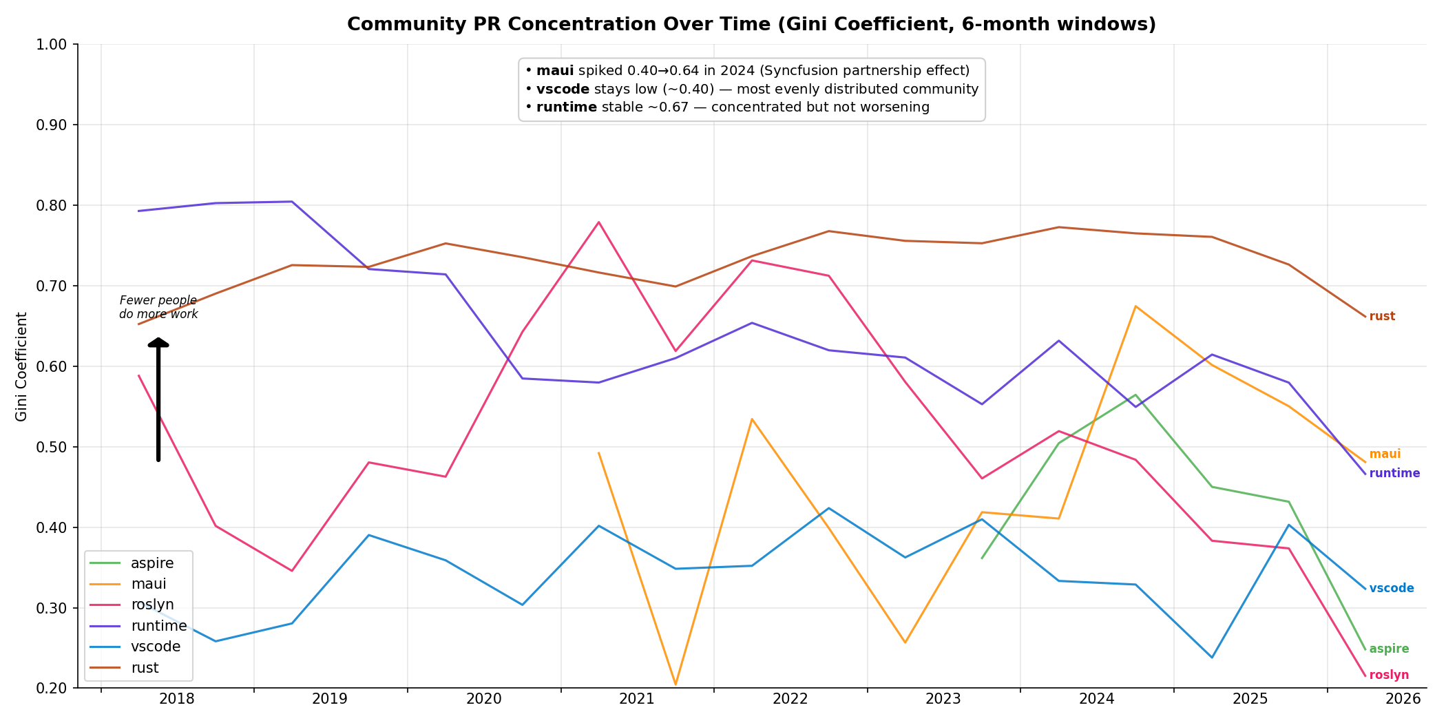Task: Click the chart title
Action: coord(751,25)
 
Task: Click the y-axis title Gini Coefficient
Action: coord(21,366)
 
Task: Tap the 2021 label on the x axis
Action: coord(636,700)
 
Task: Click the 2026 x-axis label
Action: coord(1403,700)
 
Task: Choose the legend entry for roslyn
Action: coord(151,605)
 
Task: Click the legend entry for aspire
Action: coord(151,563)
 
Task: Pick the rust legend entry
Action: coord(145,668)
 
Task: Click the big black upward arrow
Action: coord(158,399)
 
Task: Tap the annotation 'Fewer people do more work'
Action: coord(158,308)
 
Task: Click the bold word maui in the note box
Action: coord(555,71)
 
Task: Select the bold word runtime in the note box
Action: coord(566,107)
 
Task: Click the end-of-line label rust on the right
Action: coord(1382,317)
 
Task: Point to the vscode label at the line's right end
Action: coord(1392,589)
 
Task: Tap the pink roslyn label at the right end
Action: coord(1389,675)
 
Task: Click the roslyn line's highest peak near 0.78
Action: coord(598,222)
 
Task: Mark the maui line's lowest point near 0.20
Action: coord(675,684)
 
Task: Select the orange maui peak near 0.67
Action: coord(1135,306)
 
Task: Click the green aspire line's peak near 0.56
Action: coord(1135,395)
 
